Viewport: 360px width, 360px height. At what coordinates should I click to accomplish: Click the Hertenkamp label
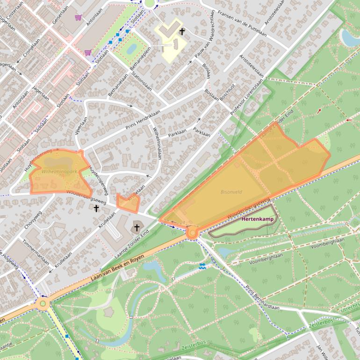(257, 219)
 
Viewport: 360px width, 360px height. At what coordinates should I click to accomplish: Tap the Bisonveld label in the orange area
(231, 192)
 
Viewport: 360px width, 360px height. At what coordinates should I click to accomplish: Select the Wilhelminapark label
(59, 172)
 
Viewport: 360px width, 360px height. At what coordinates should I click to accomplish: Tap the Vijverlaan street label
(81, 126)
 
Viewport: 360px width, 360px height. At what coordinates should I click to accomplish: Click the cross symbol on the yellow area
(182, 32)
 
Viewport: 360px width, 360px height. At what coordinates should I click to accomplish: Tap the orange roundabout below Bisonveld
(192, 232)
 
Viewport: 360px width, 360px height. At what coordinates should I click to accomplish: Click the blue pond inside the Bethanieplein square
(131, 48)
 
